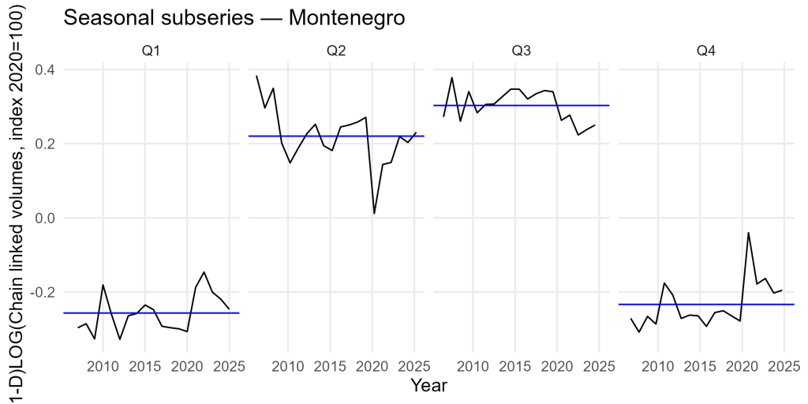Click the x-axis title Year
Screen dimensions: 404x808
point(429,386)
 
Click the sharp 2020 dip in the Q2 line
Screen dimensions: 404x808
point(374,214)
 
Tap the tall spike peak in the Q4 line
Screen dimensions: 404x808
point(748,233)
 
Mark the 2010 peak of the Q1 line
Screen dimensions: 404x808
point(103,284)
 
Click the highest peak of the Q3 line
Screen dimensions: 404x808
point(452,77)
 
